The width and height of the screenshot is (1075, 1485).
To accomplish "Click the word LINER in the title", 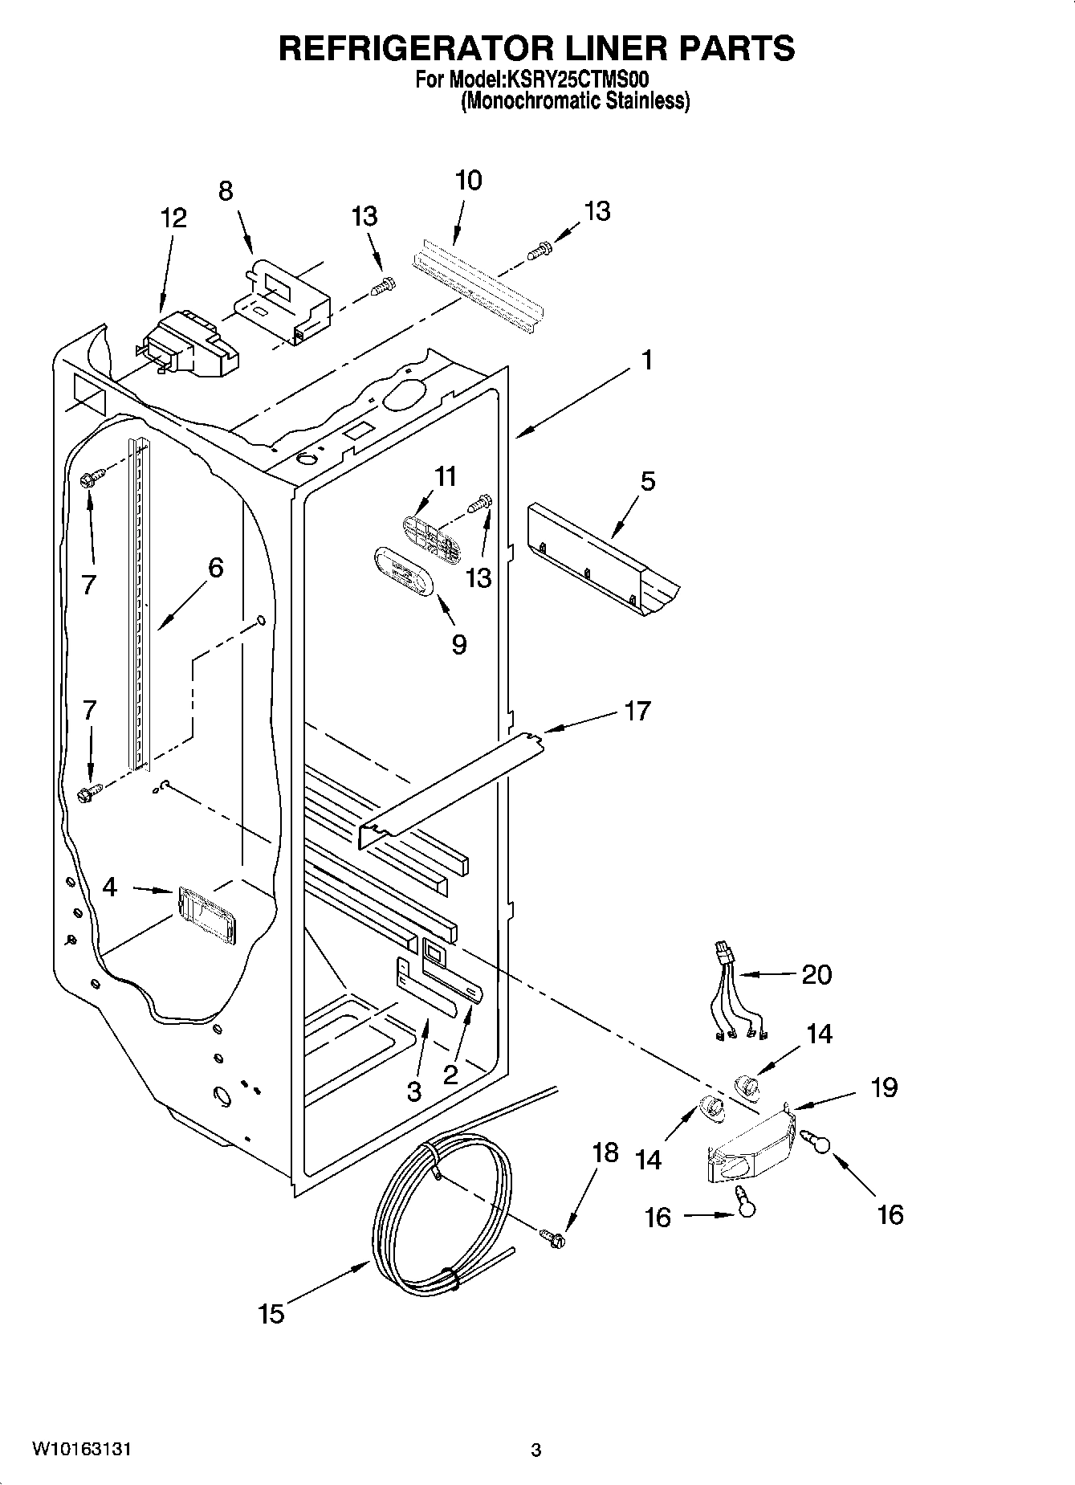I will [x=593, y=48].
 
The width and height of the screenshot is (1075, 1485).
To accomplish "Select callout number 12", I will [x=173, y=218].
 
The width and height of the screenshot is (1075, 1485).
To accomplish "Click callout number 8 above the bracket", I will [x=226, y=191].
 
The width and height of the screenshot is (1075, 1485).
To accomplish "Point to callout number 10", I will [x=468, y=180].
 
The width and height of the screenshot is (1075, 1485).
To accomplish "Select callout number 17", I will [x=637, y=710].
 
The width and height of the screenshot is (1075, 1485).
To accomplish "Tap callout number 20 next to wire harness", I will [x=816, y=974].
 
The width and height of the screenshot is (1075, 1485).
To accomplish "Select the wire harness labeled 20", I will [x=735, y=996].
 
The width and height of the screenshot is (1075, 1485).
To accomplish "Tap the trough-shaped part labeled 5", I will [x=602, y=562].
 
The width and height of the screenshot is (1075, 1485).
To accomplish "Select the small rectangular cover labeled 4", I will [x=206, y=914].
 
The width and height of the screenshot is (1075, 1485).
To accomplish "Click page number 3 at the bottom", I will [x=536, y=1450].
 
